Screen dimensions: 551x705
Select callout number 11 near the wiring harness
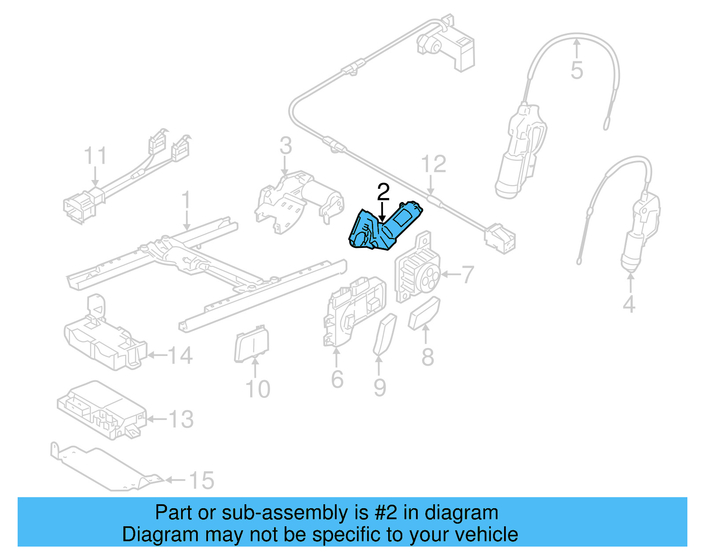tap(95, 156)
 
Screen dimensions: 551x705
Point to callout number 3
tap(286, 146)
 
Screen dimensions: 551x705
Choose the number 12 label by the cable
tap(434, 164)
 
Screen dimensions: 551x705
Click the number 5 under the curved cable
tap(577, 71)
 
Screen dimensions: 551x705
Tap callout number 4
tap(629, 304)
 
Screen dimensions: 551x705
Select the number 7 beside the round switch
tap(468, 274)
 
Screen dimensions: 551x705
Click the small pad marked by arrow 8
tap(424, 313)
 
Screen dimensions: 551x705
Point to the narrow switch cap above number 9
tap(385, 334)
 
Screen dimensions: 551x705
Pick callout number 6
tap(337, 379)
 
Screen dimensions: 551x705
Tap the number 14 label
tap(180, 355)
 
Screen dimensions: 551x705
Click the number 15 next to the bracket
tap(201, 480)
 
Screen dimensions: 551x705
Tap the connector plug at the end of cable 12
tap(500, 240)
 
